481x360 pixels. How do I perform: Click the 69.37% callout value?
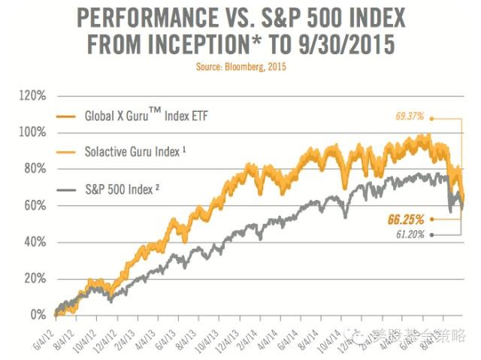click(410, 116)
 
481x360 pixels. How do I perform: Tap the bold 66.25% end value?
click(406, 219)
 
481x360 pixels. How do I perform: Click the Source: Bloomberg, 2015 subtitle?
click(240, 67)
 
